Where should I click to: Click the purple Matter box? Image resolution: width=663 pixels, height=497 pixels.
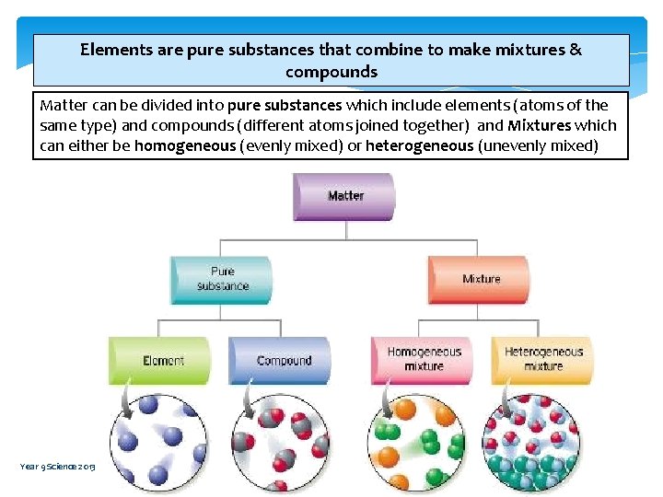pyautogui.click(x=344, y=196)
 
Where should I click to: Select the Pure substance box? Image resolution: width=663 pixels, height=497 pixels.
pyautogui.click(x=222, y=279)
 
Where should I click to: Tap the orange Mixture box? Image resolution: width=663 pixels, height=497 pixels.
pyautogui.click(x=479, y=279)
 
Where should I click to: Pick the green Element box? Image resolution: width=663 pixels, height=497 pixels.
pyautogui.click(x=160, y=361)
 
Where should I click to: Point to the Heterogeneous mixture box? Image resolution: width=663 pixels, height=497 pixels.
pyautogui.click(x=542, y=359)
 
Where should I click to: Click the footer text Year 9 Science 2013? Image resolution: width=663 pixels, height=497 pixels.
pyautogui.click(x=57, y=467)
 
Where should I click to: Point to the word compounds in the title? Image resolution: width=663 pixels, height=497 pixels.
pyautogui.click(x=331, y=72)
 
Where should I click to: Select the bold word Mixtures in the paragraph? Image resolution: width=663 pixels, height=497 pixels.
pyautogui.click(x=539, y=125)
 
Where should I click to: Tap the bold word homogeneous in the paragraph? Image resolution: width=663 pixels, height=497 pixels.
pyautogui.click(x=184, y=145)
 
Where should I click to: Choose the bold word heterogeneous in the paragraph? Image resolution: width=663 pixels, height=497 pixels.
pyautogui.click(x=419, y=145)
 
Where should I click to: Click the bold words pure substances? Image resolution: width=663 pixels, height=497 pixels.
pyautogui.click(x=285, y=105)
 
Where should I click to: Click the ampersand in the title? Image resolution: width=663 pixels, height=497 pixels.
pyautogui.click(x=576, y=50)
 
